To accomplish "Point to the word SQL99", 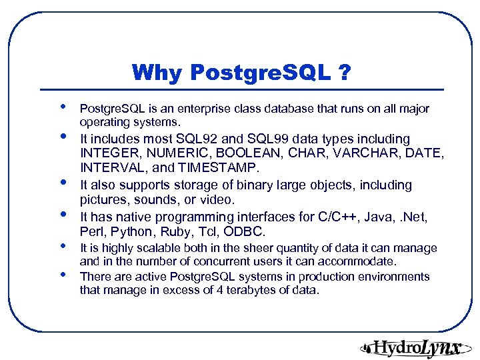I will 271,139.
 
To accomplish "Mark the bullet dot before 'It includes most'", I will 63,137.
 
